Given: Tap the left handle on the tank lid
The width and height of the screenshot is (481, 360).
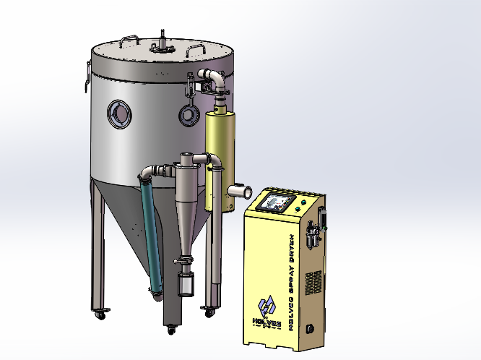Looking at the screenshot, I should coord(129,40).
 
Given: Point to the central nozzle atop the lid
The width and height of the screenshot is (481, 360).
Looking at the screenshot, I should coord(162,41).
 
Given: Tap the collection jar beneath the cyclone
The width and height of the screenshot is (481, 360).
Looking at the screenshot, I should coord(186,284).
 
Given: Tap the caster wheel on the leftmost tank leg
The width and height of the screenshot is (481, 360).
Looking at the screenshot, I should coord(102,315).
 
